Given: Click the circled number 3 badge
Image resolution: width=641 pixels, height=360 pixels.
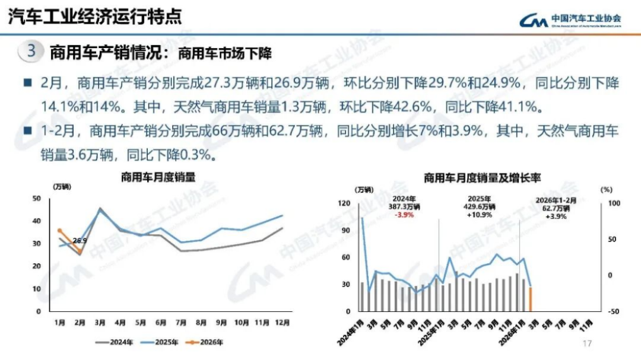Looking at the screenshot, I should (x=31, y=52).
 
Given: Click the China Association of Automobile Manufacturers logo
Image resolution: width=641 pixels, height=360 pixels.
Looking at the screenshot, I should (x=570, y=20).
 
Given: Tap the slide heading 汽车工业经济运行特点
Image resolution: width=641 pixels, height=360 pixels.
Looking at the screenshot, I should (x=94, y=16).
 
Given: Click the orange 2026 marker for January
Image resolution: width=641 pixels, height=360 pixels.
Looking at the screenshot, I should (x=59, y=231).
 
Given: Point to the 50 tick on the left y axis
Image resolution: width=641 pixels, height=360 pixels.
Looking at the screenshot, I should (x=37, y=198).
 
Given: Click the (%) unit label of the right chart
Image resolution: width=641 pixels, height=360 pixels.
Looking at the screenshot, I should (x=606, y=190).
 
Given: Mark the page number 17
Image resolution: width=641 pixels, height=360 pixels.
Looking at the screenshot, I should (x=588, y=344).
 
